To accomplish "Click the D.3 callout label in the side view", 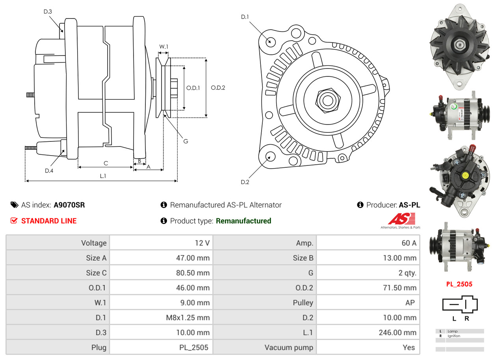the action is click(x=48, y=11).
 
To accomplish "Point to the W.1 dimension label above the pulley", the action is click(x=163, y=46).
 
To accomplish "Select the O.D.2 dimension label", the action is click(x=218, y=88).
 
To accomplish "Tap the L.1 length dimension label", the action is click(x=103, y=176).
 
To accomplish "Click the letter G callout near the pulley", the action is click(x=186, y=141).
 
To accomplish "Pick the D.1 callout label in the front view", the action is click(x=245, y=17).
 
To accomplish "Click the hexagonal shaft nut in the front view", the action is click(x=328, y=100).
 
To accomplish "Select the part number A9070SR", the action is click(x=69, y=205).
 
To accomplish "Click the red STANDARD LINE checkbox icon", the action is click(x=14, y=221).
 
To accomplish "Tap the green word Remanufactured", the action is click(x=243, y=221).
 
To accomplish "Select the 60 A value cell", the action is click(x=368, y=243).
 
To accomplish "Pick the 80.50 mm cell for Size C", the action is click(x=161, y=273).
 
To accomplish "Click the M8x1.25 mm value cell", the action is click(x=161, y=318).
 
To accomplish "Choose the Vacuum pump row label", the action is click(x=289, y=347).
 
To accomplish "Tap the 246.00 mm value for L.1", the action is click(x=397, y=332).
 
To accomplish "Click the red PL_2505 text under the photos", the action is click(x=459, y=284).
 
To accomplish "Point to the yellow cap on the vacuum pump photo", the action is click(x=465, y=176).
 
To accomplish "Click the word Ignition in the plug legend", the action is click(x=454, y=336).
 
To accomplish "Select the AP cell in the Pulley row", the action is click(x=368, y=302).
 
